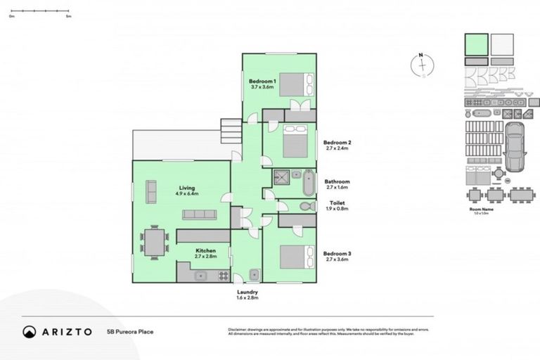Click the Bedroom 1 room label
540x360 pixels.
click(264, 84)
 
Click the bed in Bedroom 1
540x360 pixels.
click(292, 84)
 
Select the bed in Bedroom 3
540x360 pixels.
click(294, 257)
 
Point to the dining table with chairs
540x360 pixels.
click(154, 243)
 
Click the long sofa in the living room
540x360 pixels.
click(199, 214)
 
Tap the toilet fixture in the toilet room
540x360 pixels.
click(306, 207)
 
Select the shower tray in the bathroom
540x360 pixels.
click(283, 176)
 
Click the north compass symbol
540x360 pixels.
click(421, 65)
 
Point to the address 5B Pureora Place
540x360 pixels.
click(130, 332)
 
